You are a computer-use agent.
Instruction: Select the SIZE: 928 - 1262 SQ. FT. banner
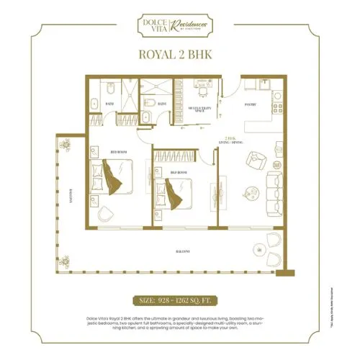(180, 299)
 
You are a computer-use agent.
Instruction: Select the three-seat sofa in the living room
(275, 189)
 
